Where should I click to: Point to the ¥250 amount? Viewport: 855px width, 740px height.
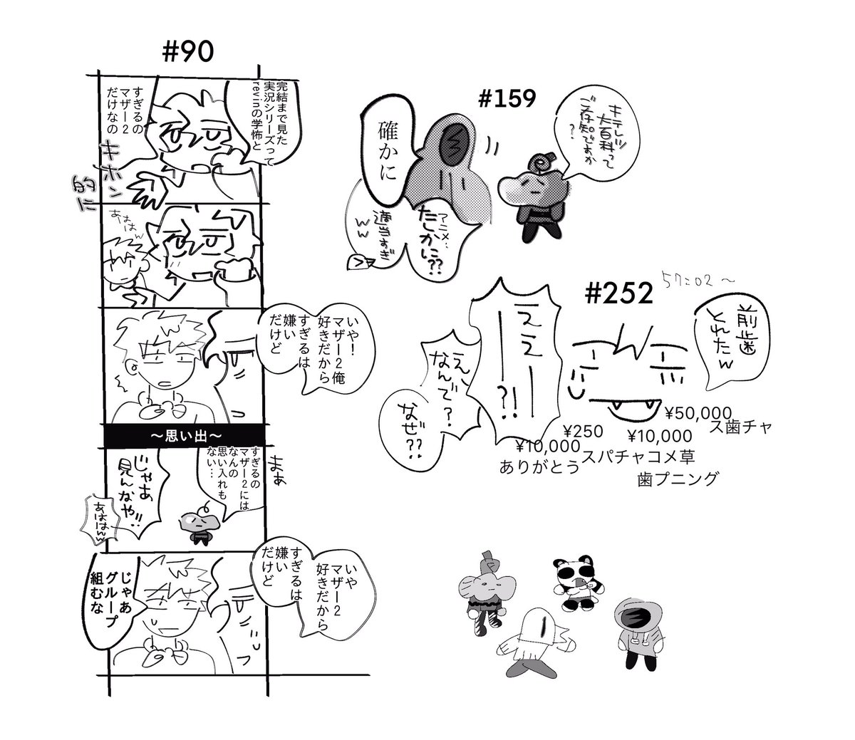[x=583, y=431]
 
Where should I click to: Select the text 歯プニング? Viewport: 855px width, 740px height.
[x=676, y=479]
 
